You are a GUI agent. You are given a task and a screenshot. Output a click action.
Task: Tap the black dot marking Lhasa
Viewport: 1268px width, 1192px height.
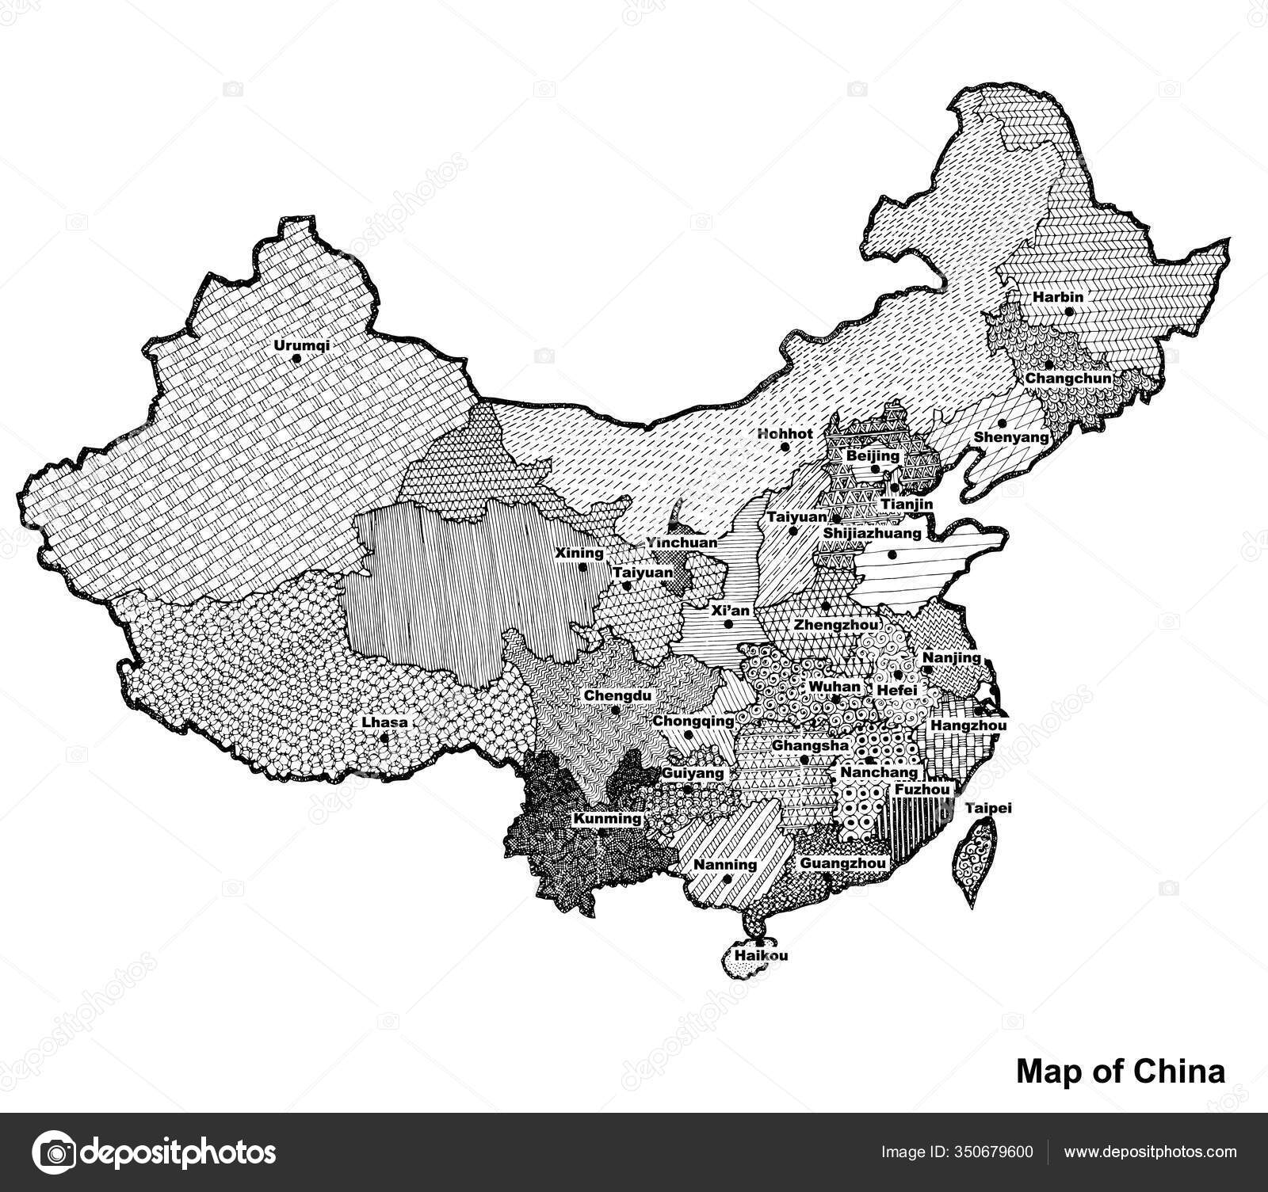tap(384, 737)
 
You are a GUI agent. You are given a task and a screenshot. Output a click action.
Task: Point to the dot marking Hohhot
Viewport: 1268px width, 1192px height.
tap(785, 447)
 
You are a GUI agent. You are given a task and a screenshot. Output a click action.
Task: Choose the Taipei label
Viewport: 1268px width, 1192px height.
tap(988, 809)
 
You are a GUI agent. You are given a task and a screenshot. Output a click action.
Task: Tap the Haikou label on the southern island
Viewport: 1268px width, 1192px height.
tap(761, 955)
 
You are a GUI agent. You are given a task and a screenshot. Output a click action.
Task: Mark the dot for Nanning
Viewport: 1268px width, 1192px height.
tap(726, 878)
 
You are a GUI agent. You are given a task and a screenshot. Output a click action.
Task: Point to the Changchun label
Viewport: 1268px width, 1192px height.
tap(1067, 379)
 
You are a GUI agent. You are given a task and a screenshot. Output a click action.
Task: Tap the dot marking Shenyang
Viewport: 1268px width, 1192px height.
tap(1003, 423)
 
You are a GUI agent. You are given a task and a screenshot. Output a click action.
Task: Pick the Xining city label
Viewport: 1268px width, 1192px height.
tap(579, 553)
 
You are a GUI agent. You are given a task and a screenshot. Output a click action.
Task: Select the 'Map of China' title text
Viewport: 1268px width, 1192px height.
tap(1120, 1072)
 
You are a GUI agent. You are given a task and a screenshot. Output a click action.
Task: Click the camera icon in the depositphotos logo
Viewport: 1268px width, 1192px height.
tap(56, 1152)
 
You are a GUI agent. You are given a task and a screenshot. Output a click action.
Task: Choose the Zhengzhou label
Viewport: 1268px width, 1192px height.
tap(835, 624)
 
